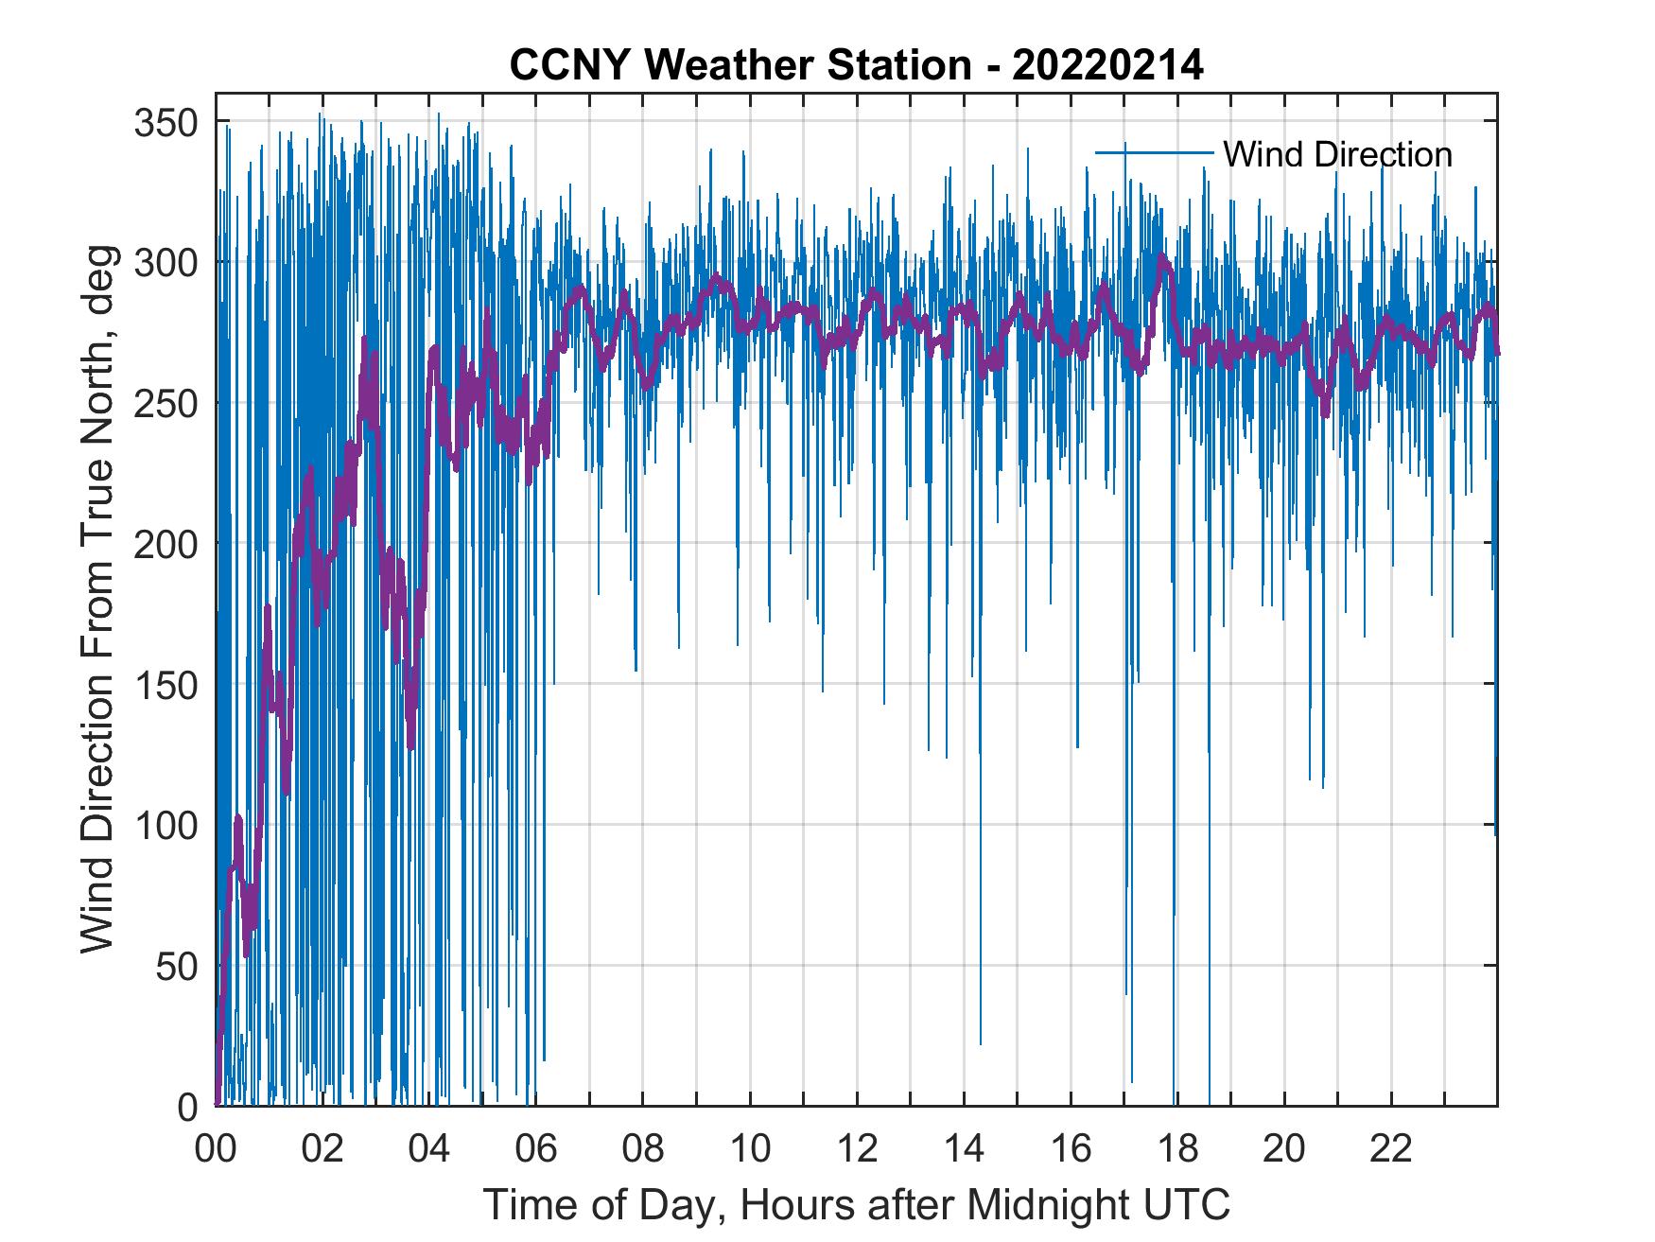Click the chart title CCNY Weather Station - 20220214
tap(856, 65)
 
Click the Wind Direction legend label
tap(1337, 154)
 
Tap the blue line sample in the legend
tap(1154, 152)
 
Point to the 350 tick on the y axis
tap(166, 122)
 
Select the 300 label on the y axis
tap(166, 262)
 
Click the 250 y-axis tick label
tap(166, 403)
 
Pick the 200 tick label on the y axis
tap(166, 544)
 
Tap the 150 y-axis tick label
tap(166, 685)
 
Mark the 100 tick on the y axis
tap(166, 826)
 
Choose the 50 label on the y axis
tap(177, 966)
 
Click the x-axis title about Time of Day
tap(856, 1205)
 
